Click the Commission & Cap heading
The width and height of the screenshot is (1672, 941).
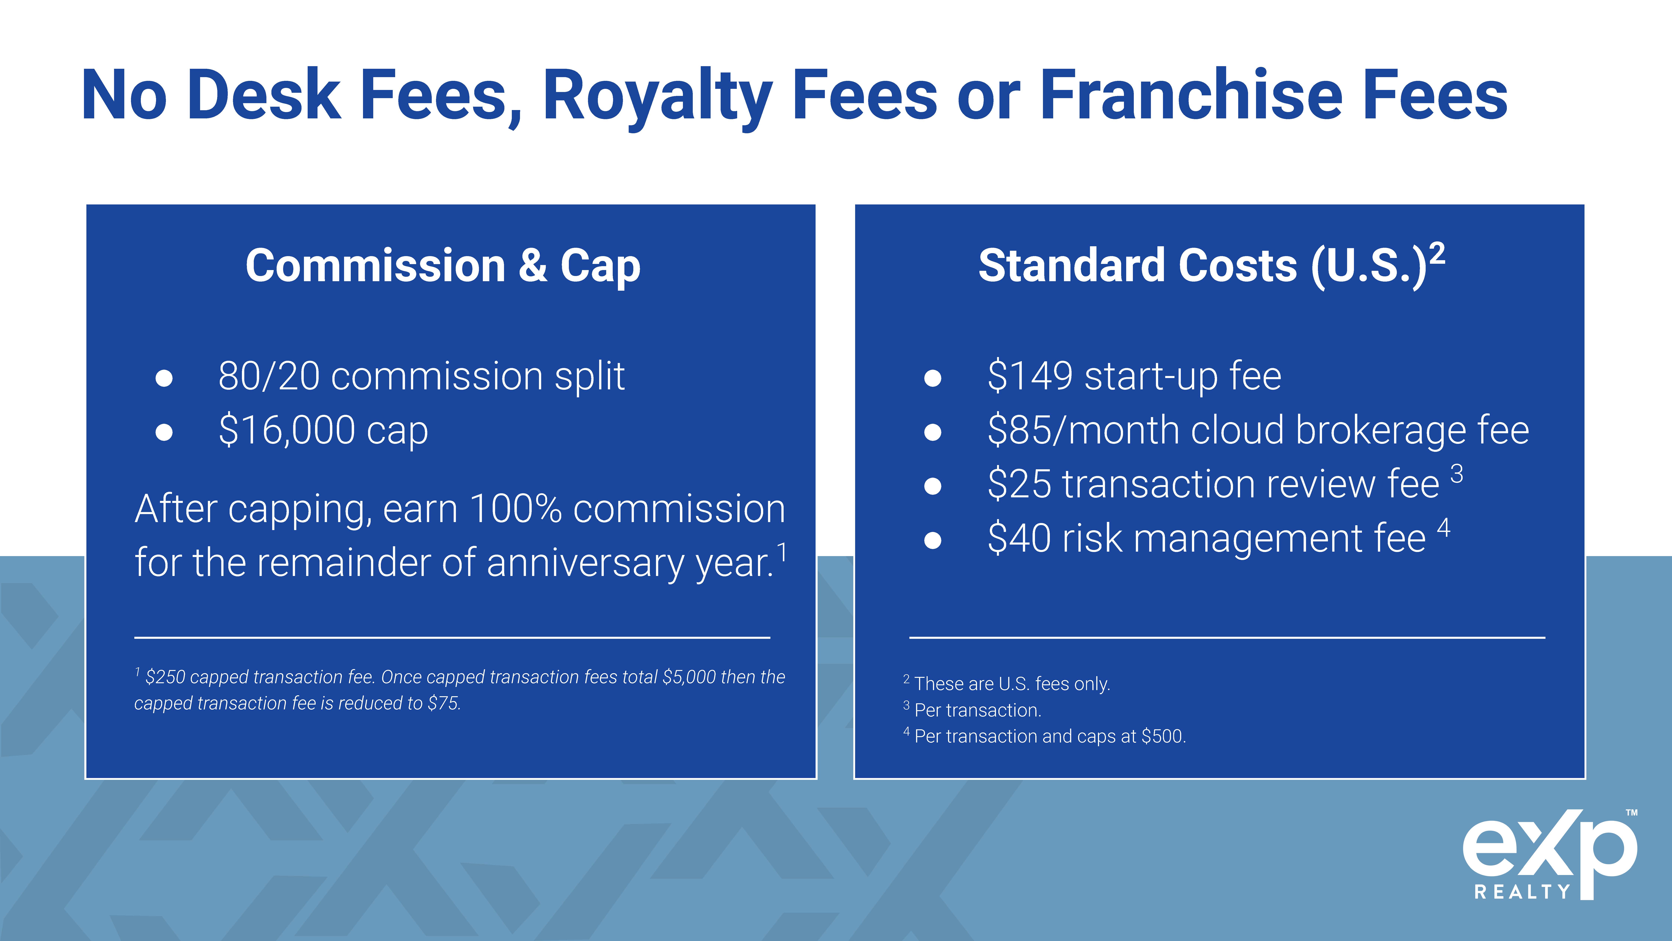tap(443, 266)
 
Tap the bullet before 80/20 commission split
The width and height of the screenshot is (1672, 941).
tap(164, 378)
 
